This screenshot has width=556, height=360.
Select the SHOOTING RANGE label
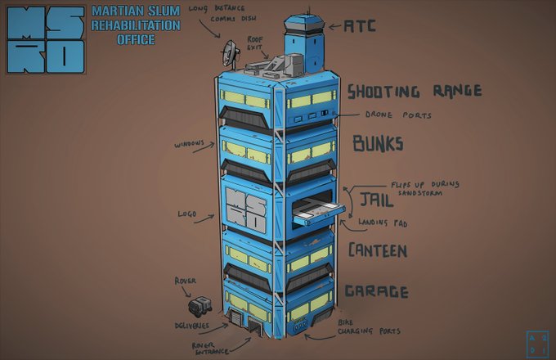(414, 91)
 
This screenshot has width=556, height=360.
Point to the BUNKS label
(378, 144)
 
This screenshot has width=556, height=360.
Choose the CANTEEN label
(377, 250)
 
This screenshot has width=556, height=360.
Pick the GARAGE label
(376, 291)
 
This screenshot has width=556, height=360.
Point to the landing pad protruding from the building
(318, 215)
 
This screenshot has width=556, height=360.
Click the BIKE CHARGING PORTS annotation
(370, 328)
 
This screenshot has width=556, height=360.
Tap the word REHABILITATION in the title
(136, 26)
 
